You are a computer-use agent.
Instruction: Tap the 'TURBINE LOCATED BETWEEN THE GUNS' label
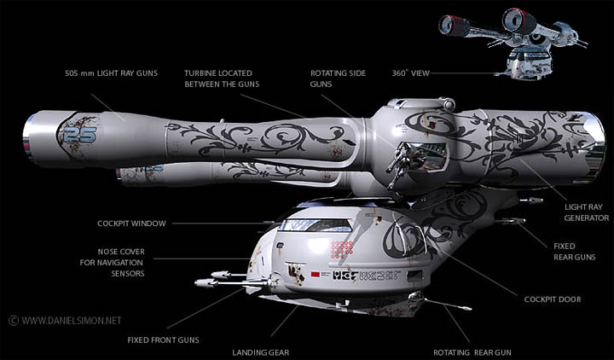224,78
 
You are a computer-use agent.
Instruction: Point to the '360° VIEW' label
410,73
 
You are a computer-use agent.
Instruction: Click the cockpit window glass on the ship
316,225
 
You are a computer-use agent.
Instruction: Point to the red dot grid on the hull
342,249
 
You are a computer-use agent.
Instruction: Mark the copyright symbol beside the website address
13,321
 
